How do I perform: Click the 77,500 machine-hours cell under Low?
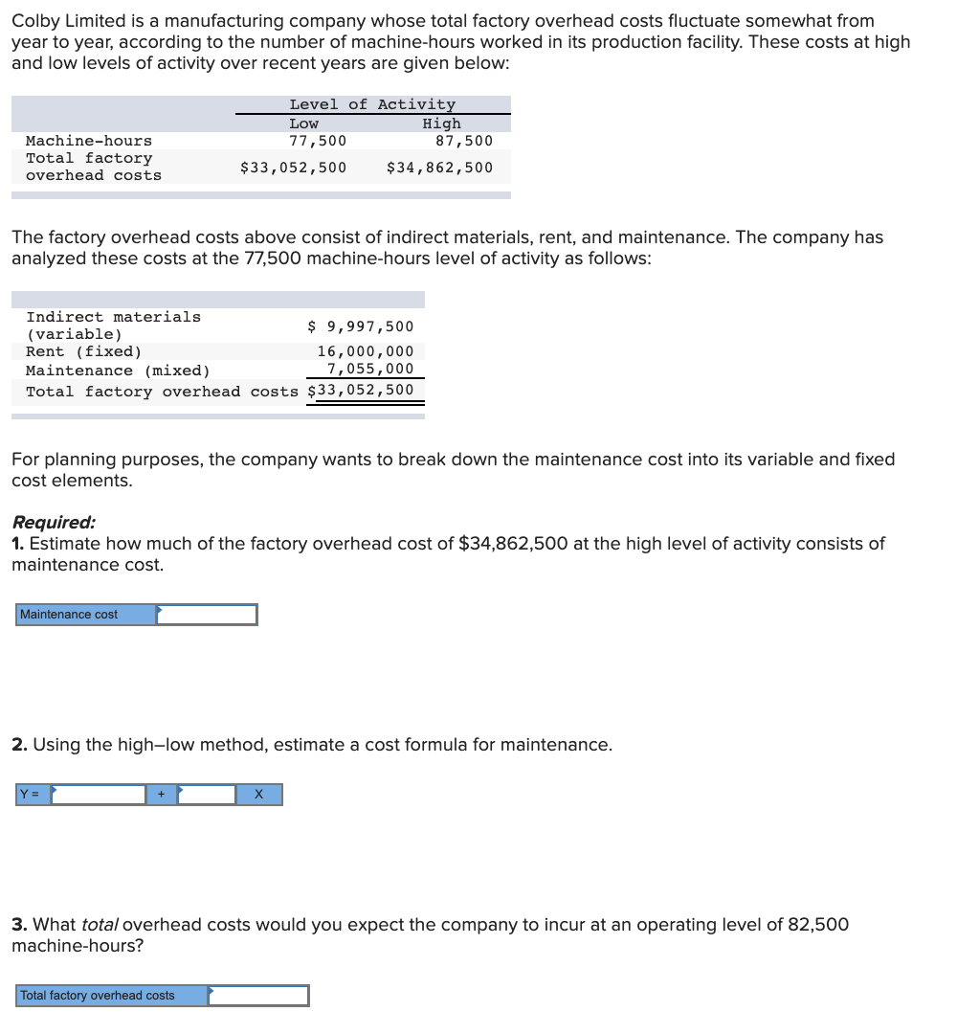point(318,141)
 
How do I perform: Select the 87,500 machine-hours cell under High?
point(464,141)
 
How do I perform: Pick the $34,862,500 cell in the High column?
point(439,168)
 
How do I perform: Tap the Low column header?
point(303,124)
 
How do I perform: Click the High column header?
point(441,124)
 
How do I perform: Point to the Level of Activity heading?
point(372,104)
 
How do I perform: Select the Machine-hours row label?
point(89,141)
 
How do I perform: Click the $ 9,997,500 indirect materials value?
point(361,326)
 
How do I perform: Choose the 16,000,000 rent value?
point(366,351)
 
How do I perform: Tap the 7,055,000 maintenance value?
point(370,369)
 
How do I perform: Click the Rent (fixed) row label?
point(84,351)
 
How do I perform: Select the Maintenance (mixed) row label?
point(118,371)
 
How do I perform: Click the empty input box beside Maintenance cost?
point(207,615)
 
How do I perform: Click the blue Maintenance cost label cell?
point(86,615)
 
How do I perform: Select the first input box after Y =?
point(99,795)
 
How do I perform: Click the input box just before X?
point(207,795)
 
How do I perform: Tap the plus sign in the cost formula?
point(161,795)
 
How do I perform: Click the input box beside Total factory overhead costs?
point(258,996)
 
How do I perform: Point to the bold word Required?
point(54,523)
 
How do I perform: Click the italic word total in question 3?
point(100,925)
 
